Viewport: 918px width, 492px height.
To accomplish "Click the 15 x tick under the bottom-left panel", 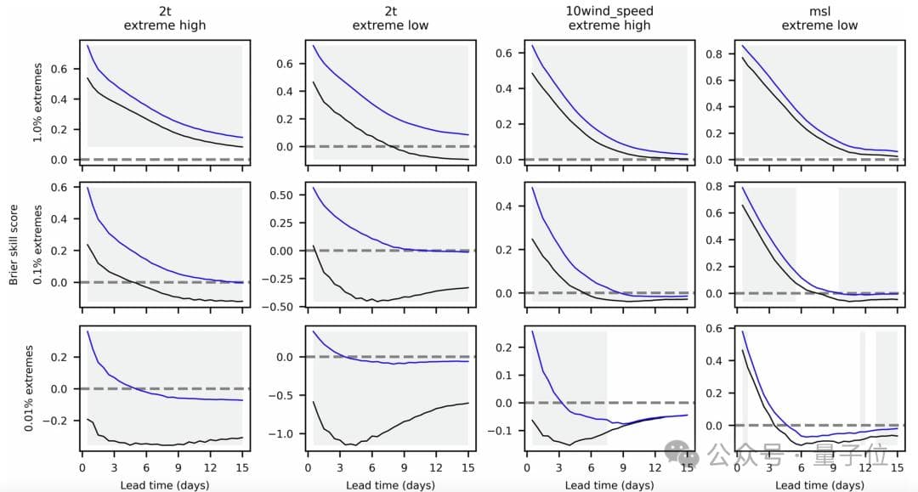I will [242, 466].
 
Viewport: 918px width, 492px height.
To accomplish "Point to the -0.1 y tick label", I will [503, 431].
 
